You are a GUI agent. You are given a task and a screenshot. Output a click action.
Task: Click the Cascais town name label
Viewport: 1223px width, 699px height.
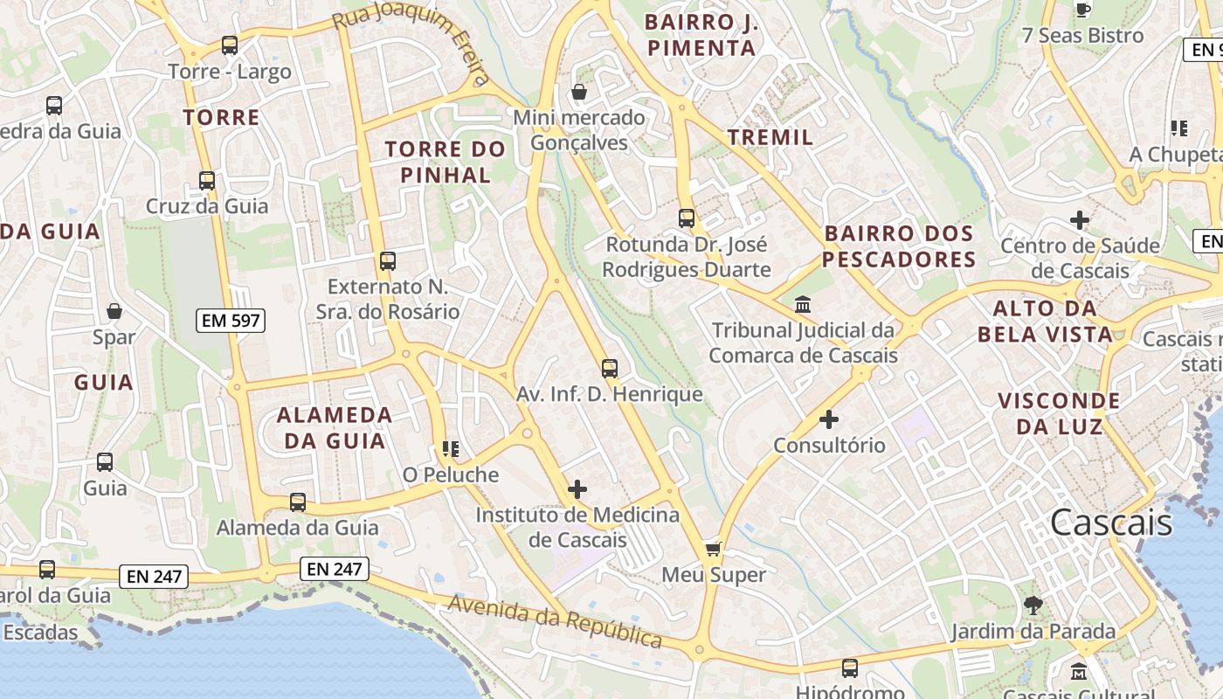coord(1110,523)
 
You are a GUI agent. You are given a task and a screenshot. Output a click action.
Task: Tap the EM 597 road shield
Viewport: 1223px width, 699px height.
coord(231,321)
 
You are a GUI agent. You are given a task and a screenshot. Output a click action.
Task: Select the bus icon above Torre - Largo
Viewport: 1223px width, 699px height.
coord(230,45)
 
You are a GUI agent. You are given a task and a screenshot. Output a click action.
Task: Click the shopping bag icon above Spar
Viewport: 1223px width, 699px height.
coord(114,311)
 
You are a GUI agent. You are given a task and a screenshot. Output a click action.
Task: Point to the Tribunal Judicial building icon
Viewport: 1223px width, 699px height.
coord(803,305)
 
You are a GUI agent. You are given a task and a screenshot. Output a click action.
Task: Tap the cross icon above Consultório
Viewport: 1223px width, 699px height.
coord(829,419)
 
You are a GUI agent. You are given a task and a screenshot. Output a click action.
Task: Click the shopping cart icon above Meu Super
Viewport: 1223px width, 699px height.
coord(714,550)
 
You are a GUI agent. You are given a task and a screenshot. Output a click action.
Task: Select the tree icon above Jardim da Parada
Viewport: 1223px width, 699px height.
coord(1033,605)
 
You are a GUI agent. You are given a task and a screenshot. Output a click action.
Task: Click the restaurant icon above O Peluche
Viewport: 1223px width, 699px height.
coord(451,449)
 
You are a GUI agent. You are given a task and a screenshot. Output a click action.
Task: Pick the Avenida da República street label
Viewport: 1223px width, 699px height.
coord(556,620)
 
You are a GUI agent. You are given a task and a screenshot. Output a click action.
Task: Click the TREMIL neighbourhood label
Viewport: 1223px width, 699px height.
coord(770,137)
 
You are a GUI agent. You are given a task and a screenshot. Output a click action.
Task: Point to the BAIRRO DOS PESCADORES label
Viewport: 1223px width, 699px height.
coord(899,246)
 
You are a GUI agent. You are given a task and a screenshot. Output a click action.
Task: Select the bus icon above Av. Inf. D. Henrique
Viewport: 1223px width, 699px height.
coord(610,369)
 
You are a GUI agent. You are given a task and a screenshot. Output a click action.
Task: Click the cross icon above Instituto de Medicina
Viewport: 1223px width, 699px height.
coord(577,489)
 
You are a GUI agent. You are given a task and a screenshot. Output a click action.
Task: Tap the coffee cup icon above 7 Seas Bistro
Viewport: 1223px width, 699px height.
coord(1083,10)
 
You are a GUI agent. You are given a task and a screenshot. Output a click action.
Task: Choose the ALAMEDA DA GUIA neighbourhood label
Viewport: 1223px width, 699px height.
coord(335,427)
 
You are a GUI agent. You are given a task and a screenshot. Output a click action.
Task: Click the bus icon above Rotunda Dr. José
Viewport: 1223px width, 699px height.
coord(687,218)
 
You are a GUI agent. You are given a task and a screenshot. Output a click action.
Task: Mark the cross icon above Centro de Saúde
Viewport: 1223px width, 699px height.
coord(1080,220)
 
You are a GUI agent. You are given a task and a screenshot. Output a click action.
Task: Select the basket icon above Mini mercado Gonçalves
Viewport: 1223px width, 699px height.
coord(578,92)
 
